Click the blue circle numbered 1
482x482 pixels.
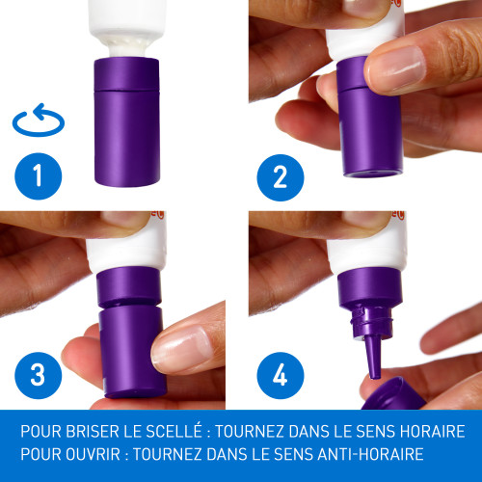39,176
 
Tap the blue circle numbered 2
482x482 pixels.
281,177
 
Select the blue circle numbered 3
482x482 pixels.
39,375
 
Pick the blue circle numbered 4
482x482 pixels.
281,375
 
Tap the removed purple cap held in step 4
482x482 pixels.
393,394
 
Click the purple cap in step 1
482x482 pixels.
127,122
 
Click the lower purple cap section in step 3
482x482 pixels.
132,352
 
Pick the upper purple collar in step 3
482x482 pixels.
128,286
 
